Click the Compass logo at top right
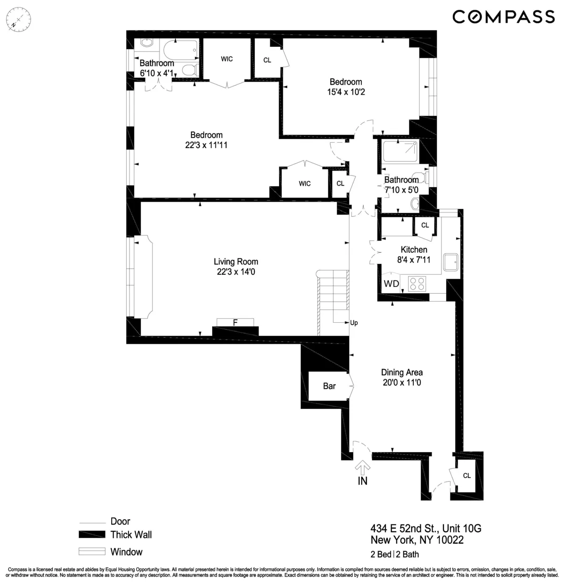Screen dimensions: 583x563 click(503, 17)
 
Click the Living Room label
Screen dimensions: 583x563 click(236, 262)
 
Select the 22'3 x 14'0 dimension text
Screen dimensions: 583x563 click(236, 271)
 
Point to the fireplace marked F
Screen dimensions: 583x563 click(235, 322)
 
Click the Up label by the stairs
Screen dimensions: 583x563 click(354, 323)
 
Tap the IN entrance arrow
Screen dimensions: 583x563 click(362, 467)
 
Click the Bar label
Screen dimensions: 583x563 click(329, 386)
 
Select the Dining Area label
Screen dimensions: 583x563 click(402, 372)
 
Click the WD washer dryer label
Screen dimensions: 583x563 click(391, 284)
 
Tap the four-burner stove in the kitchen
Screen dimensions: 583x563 click(417, 284)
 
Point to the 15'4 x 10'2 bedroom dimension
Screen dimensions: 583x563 click(346, 92)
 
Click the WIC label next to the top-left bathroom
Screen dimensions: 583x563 click(227, 59)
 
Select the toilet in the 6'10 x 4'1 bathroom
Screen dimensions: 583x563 click(188, 70)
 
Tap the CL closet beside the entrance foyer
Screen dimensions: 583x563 click(466, 476)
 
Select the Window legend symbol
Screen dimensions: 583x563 click(91, 552)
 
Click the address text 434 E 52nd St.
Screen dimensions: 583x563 click(426, 529)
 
